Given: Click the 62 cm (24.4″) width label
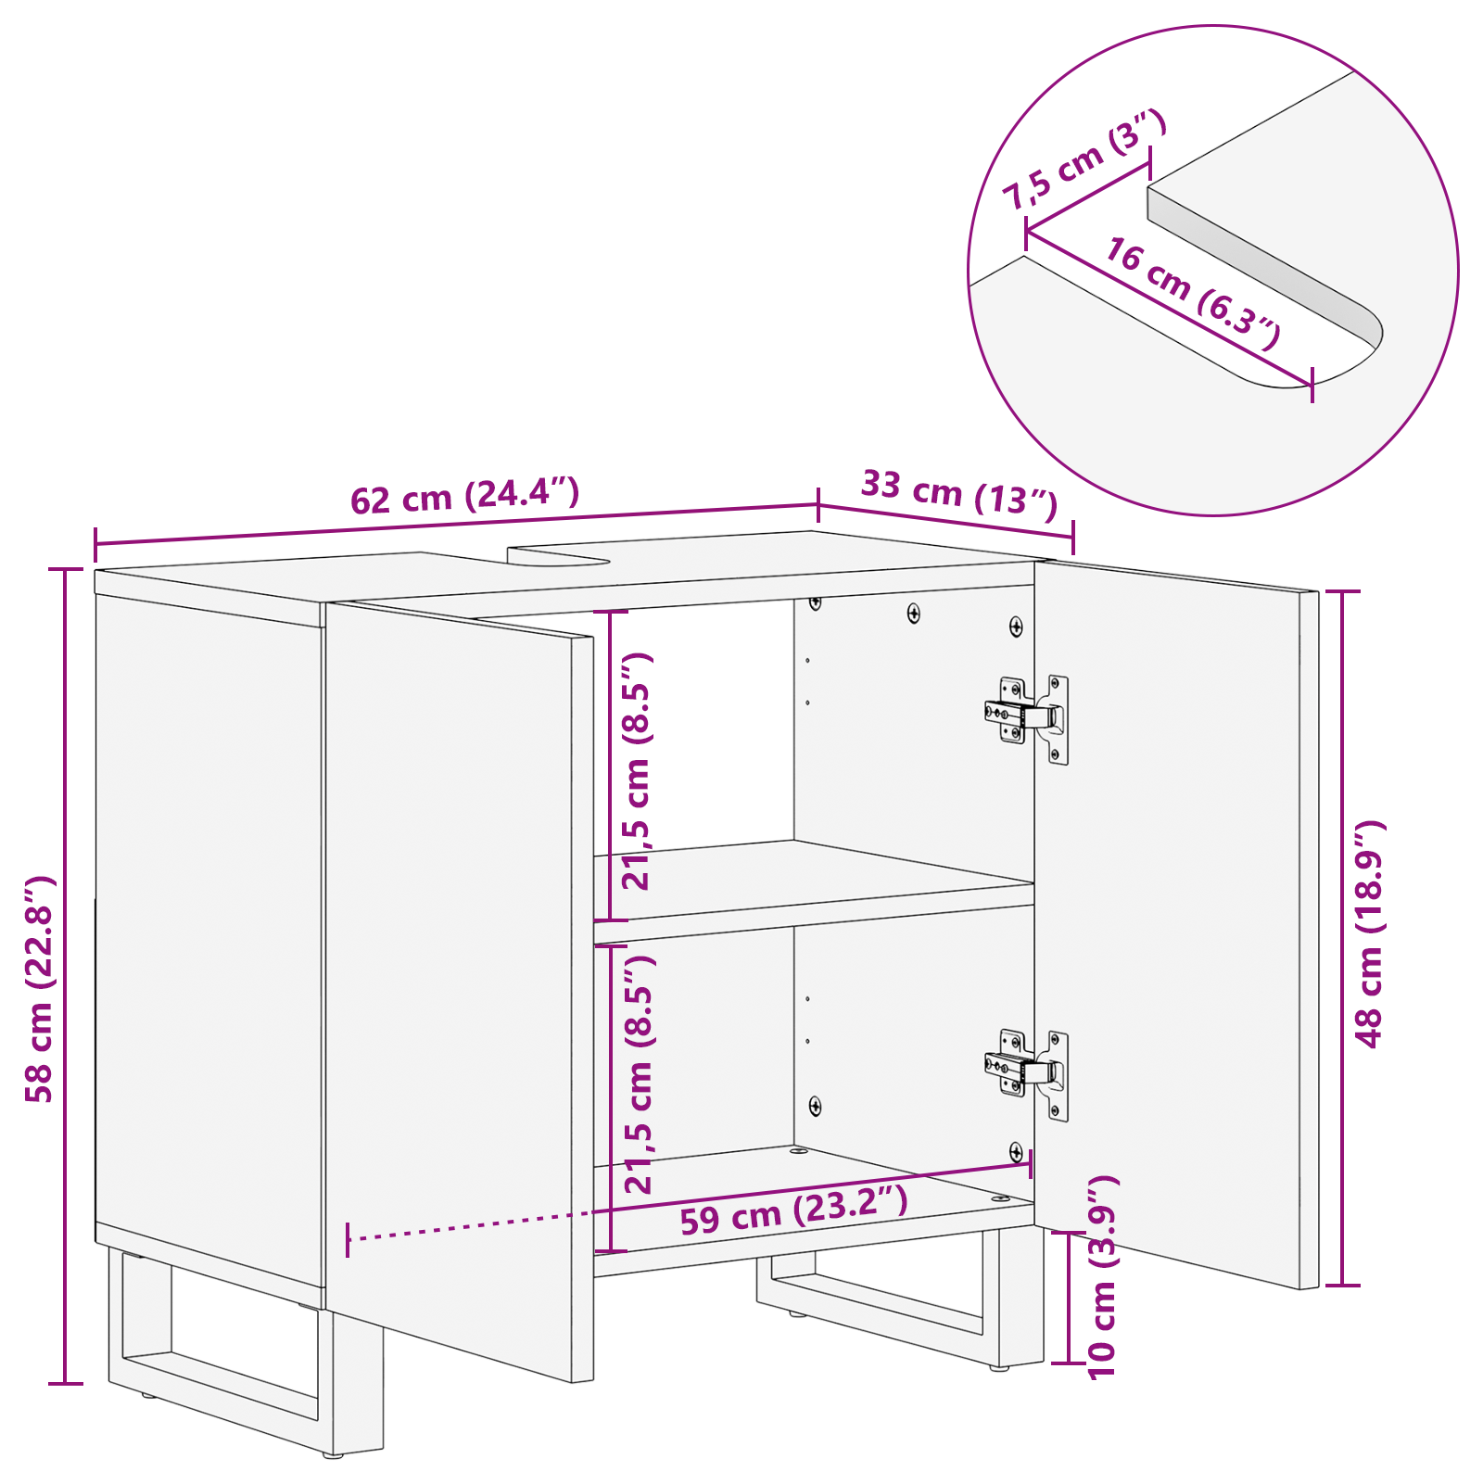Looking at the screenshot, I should (x=464, y=497).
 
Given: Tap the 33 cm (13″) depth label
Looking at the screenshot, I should (x=958, y=493).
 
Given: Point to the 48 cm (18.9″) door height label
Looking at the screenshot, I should (x=1369, y=933).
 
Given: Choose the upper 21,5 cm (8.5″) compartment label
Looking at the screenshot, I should (x=638, y=771).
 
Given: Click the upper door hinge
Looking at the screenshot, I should (x=1027, y=716).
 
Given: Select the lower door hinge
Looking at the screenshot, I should (x=1027, y=1071).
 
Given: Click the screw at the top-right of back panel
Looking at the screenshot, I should (x=1016, y=627).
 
